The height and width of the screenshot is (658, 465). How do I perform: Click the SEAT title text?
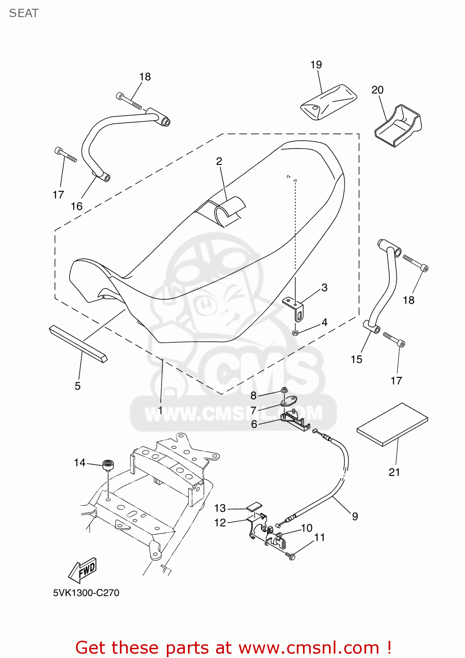coord(24,13)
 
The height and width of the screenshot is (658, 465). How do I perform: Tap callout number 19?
coord(316,65)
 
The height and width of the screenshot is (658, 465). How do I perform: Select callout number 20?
coord(377,90)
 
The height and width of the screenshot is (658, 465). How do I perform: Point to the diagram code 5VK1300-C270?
coord(86,593)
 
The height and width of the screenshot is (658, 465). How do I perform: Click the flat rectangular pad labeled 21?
coord(392,424)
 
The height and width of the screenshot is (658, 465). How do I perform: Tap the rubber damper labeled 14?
coord(108,465)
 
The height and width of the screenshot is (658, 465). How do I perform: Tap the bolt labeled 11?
coord(291,556)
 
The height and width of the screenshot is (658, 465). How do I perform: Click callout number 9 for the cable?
coord(355,516)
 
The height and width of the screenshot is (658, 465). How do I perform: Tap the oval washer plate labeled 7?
coord(289,401)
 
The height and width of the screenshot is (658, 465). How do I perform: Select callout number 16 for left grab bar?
coord(76,206)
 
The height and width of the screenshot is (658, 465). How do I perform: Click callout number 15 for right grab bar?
coord(356,359)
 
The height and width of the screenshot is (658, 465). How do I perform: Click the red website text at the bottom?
coord(233,647)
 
